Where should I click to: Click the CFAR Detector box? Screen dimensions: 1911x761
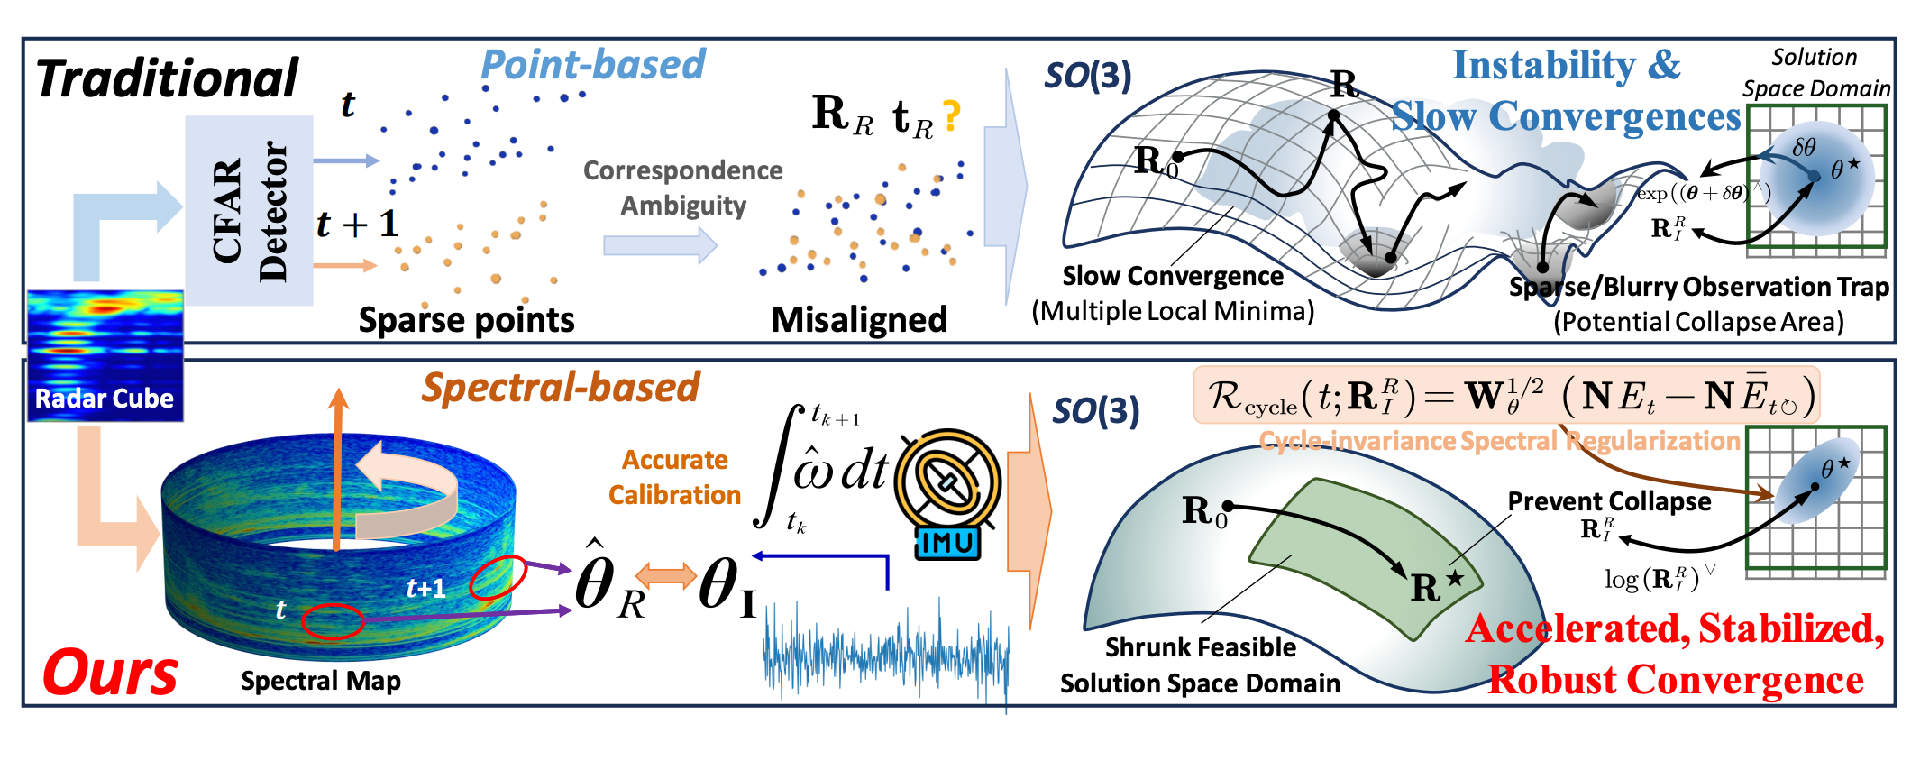click(249, 210)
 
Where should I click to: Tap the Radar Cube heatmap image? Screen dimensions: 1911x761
click(105, 355)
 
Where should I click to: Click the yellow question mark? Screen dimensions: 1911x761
click(951, 117)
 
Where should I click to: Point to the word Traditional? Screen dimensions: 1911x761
click(168, 78)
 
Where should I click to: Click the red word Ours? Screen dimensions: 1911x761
click(111, 673)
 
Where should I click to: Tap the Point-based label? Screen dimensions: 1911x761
click(593, 65)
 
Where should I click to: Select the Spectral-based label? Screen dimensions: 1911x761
click(561, 388)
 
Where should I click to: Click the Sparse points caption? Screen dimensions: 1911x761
click(466, 320)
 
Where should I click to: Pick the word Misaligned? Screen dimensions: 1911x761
click(859, 320)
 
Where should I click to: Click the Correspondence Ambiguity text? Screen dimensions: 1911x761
click(683, 188)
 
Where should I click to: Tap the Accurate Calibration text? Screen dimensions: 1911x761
click(674, 477)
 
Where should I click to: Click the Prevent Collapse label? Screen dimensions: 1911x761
click(1609, 501)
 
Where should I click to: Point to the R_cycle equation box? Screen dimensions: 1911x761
click(1506, 395)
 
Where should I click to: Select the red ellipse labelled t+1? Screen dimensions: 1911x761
click(498, 577)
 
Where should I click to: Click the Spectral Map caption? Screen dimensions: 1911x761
click(321, 681)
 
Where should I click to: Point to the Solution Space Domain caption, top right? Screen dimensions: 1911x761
click(1815, 73)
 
